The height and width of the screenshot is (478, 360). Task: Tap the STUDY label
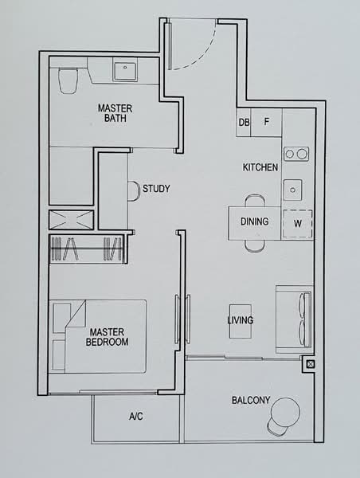click(x=156, y=189)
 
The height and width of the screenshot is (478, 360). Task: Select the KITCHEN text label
click(x=260, y=167)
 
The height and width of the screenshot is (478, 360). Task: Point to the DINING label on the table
click(x=254, y=221)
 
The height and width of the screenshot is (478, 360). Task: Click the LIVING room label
click(x=240, y=320)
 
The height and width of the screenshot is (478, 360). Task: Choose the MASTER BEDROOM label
click(x=108, y=337)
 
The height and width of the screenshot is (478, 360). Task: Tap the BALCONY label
click(x=250, y=400)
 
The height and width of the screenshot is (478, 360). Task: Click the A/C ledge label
click(x=135, y=417)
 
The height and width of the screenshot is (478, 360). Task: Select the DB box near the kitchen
click(x=244, y=122)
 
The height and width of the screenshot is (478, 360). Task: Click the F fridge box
click(x=267, y=122)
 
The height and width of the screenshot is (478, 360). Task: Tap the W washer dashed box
click(x=298, y=223)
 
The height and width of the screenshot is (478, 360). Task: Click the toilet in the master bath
click(x=68, y=79)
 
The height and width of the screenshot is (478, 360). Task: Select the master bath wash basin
click(x=125, y=71)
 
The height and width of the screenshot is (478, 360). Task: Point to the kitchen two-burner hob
click(x=296, y=154)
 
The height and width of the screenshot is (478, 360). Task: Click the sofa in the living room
click(x=293, y=319)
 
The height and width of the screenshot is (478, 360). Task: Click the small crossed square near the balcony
click(x=310, y=366)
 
